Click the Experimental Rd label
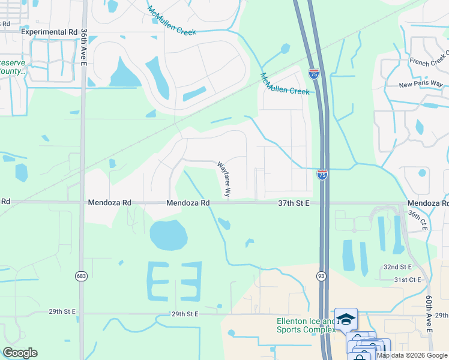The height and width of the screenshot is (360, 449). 50,32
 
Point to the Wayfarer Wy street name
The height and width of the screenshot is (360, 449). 223,178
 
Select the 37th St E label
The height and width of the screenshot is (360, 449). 293,203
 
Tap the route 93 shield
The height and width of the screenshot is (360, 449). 321,275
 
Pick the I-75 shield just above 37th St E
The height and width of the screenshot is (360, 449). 322,175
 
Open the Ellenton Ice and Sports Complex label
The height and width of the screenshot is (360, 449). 306,325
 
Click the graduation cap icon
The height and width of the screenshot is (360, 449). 346,319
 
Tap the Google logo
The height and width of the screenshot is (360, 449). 20,353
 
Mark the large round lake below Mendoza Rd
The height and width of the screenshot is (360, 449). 169,235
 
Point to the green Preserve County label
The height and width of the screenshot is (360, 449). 13,67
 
